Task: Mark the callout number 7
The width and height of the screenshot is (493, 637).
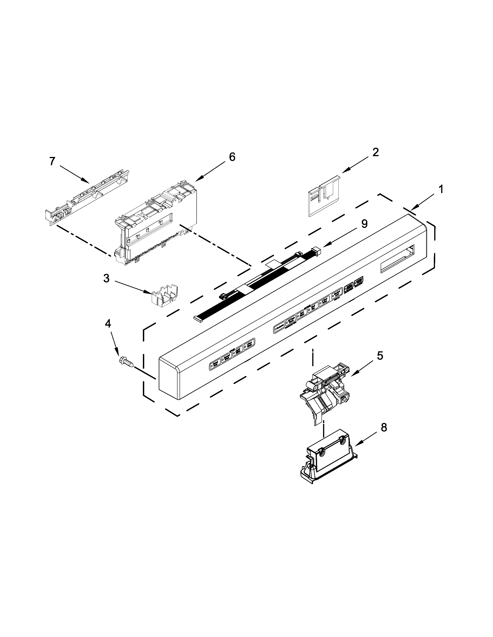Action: pos(52,161)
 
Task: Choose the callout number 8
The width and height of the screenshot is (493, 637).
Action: pos(384,428)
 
